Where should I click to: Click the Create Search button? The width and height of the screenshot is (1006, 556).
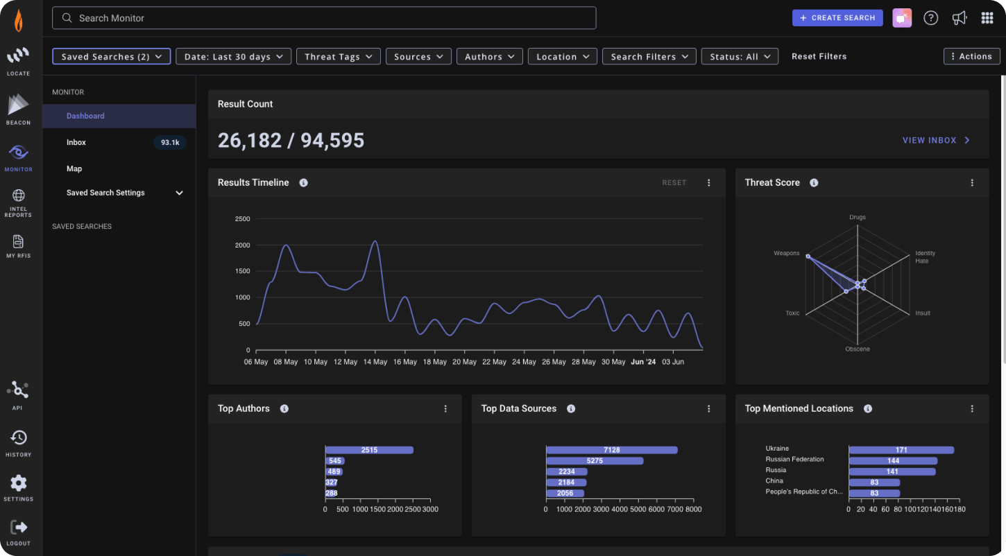pyautogui.click(x=837, y=18)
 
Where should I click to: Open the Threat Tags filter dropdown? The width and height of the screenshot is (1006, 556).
pyautogui.click(x=338, y=57)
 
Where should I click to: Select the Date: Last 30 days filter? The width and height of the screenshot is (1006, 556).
pyautogui.click(x=233, y=57)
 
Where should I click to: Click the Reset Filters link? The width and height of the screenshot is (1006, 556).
pyautogui.click(x=819, y=57)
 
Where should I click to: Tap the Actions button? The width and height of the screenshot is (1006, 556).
pyautogui.click(x=971, y=57)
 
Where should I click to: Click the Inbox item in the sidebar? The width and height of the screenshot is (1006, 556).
pyautogui.click(x=76, y=142)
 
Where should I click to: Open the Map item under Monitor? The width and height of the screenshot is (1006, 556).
pyautogui.click(x=74, y=168)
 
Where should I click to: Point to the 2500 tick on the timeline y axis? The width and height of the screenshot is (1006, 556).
pyautogui.click(x=242, y=219)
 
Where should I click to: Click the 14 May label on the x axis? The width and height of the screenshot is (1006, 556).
pyautogui.click(x=375, y=362)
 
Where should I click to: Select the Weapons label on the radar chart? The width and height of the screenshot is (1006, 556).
pyautogui.click(x=786, y=254)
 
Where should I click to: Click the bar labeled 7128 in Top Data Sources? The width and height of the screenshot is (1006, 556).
pyautogui.click(x=611, y=450)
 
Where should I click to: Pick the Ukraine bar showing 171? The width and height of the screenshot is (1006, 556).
pyautogui.click(x=901, y=450)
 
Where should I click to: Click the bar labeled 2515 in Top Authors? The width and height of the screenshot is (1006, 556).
pyautogui.click(x=369, y=450)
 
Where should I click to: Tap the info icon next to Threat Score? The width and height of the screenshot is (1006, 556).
pyautogui.click(x=814, y=183)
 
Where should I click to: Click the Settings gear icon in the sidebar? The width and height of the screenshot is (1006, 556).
pyautogui.click(x=18, y=483)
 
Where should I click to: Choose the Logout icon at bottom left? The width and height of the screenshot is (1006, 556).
pyautogui.click(x=19, y=528)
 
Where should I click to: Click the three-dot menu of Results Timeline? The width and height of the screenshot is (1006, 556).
pyautogui.click(x=708, y=183)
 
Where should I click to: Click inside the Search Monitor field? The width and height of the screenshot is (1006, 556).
pyautogui.click(x=324, y=18)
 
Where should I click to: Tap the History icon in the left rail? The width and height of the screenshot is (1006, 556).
pyautogui.click(x=18, y=438)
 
